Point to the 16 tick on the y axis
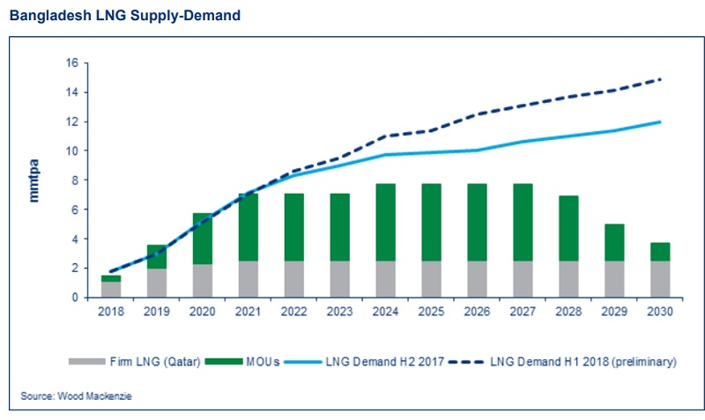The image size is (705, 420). point(72,63)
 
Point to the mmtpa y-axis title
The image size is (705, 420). point(36,180)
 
